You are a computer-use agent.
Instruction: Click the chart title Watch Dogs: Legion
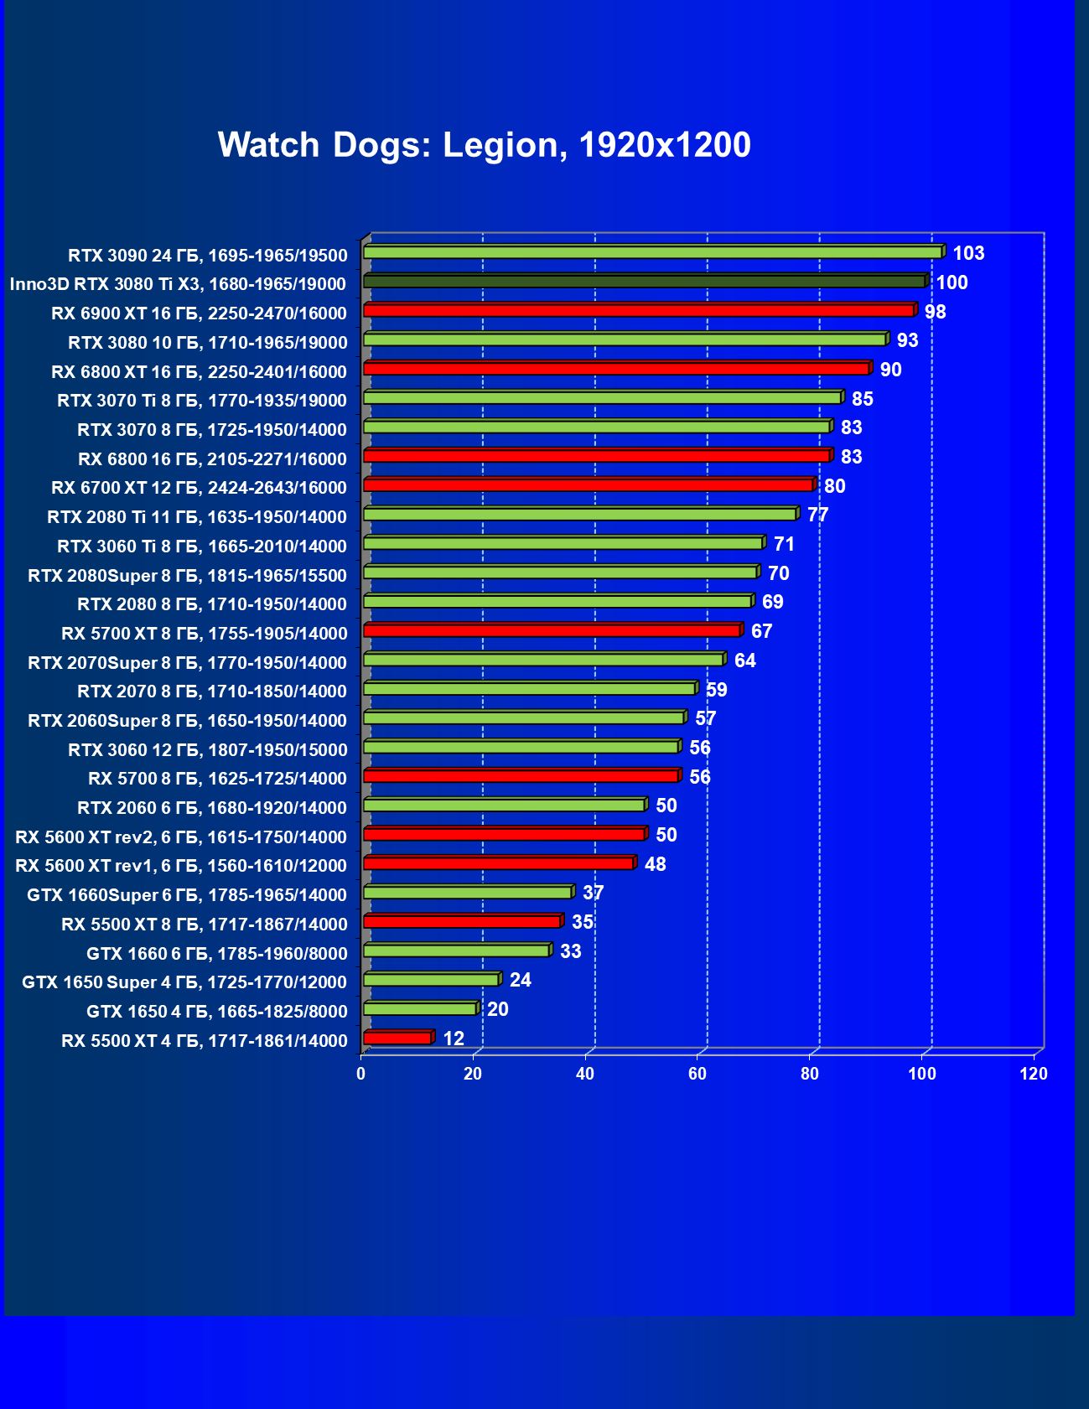coord(484,145)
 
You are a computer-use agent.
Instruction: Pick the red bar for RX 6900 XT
coord(638,310)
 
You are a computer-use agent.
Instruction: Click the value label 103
coord(968,253)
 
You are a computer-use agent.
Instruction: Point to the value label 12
coord(453,1039)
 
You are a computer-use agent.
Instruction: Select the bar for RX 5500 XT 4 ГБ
coord(397,1038)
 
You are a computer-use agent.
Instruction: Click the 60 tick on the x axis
coord(697,1074)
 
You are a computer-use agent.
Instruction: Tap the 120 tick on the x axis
coord(1034,1074)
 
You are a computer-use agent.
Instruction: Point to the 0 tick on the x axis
coord(361,1074)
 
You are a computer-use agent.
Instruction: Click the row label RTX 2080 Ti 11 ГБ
coord(197,517)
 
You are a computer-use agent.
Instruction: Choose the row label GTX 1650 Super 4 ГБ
coord(184,982)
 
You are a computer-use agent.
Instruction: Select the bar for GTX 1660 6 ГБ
coord(456,951)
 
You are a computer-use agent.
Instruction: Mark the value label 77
coord(817,515)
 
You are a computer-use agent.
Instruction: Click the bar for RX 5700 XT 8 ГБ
coord(552,630)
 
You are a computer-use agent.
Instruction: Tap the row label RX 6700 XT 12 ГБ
coord(199,488)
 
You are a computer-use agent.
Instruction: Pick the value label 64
coord(744,660)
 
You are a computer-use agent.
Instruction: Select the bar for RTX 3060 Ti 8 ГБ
coord(563,543)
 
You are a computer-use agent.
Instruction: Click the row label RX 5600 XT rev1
coord(181,866)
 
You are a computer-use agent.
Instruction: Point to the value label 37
coord(593,893)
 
